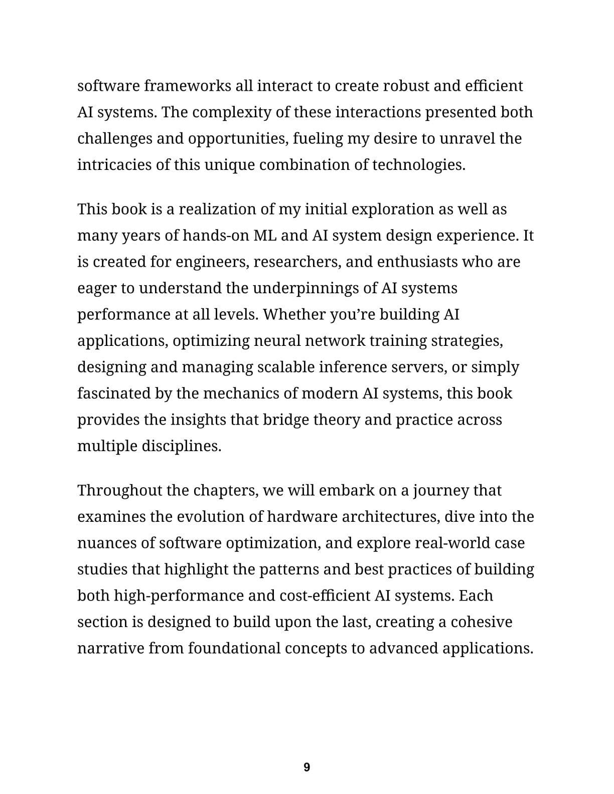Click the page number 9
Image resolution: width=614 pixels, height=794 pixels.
307,767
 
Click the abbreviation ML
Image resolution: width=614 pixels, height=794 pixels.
265,235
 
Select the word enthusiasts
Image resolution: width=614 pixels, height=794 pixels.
416,262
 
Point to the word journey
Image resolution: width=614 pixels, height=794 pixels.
440,490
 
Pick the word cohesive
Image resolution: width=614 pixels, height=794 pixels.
482,622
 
